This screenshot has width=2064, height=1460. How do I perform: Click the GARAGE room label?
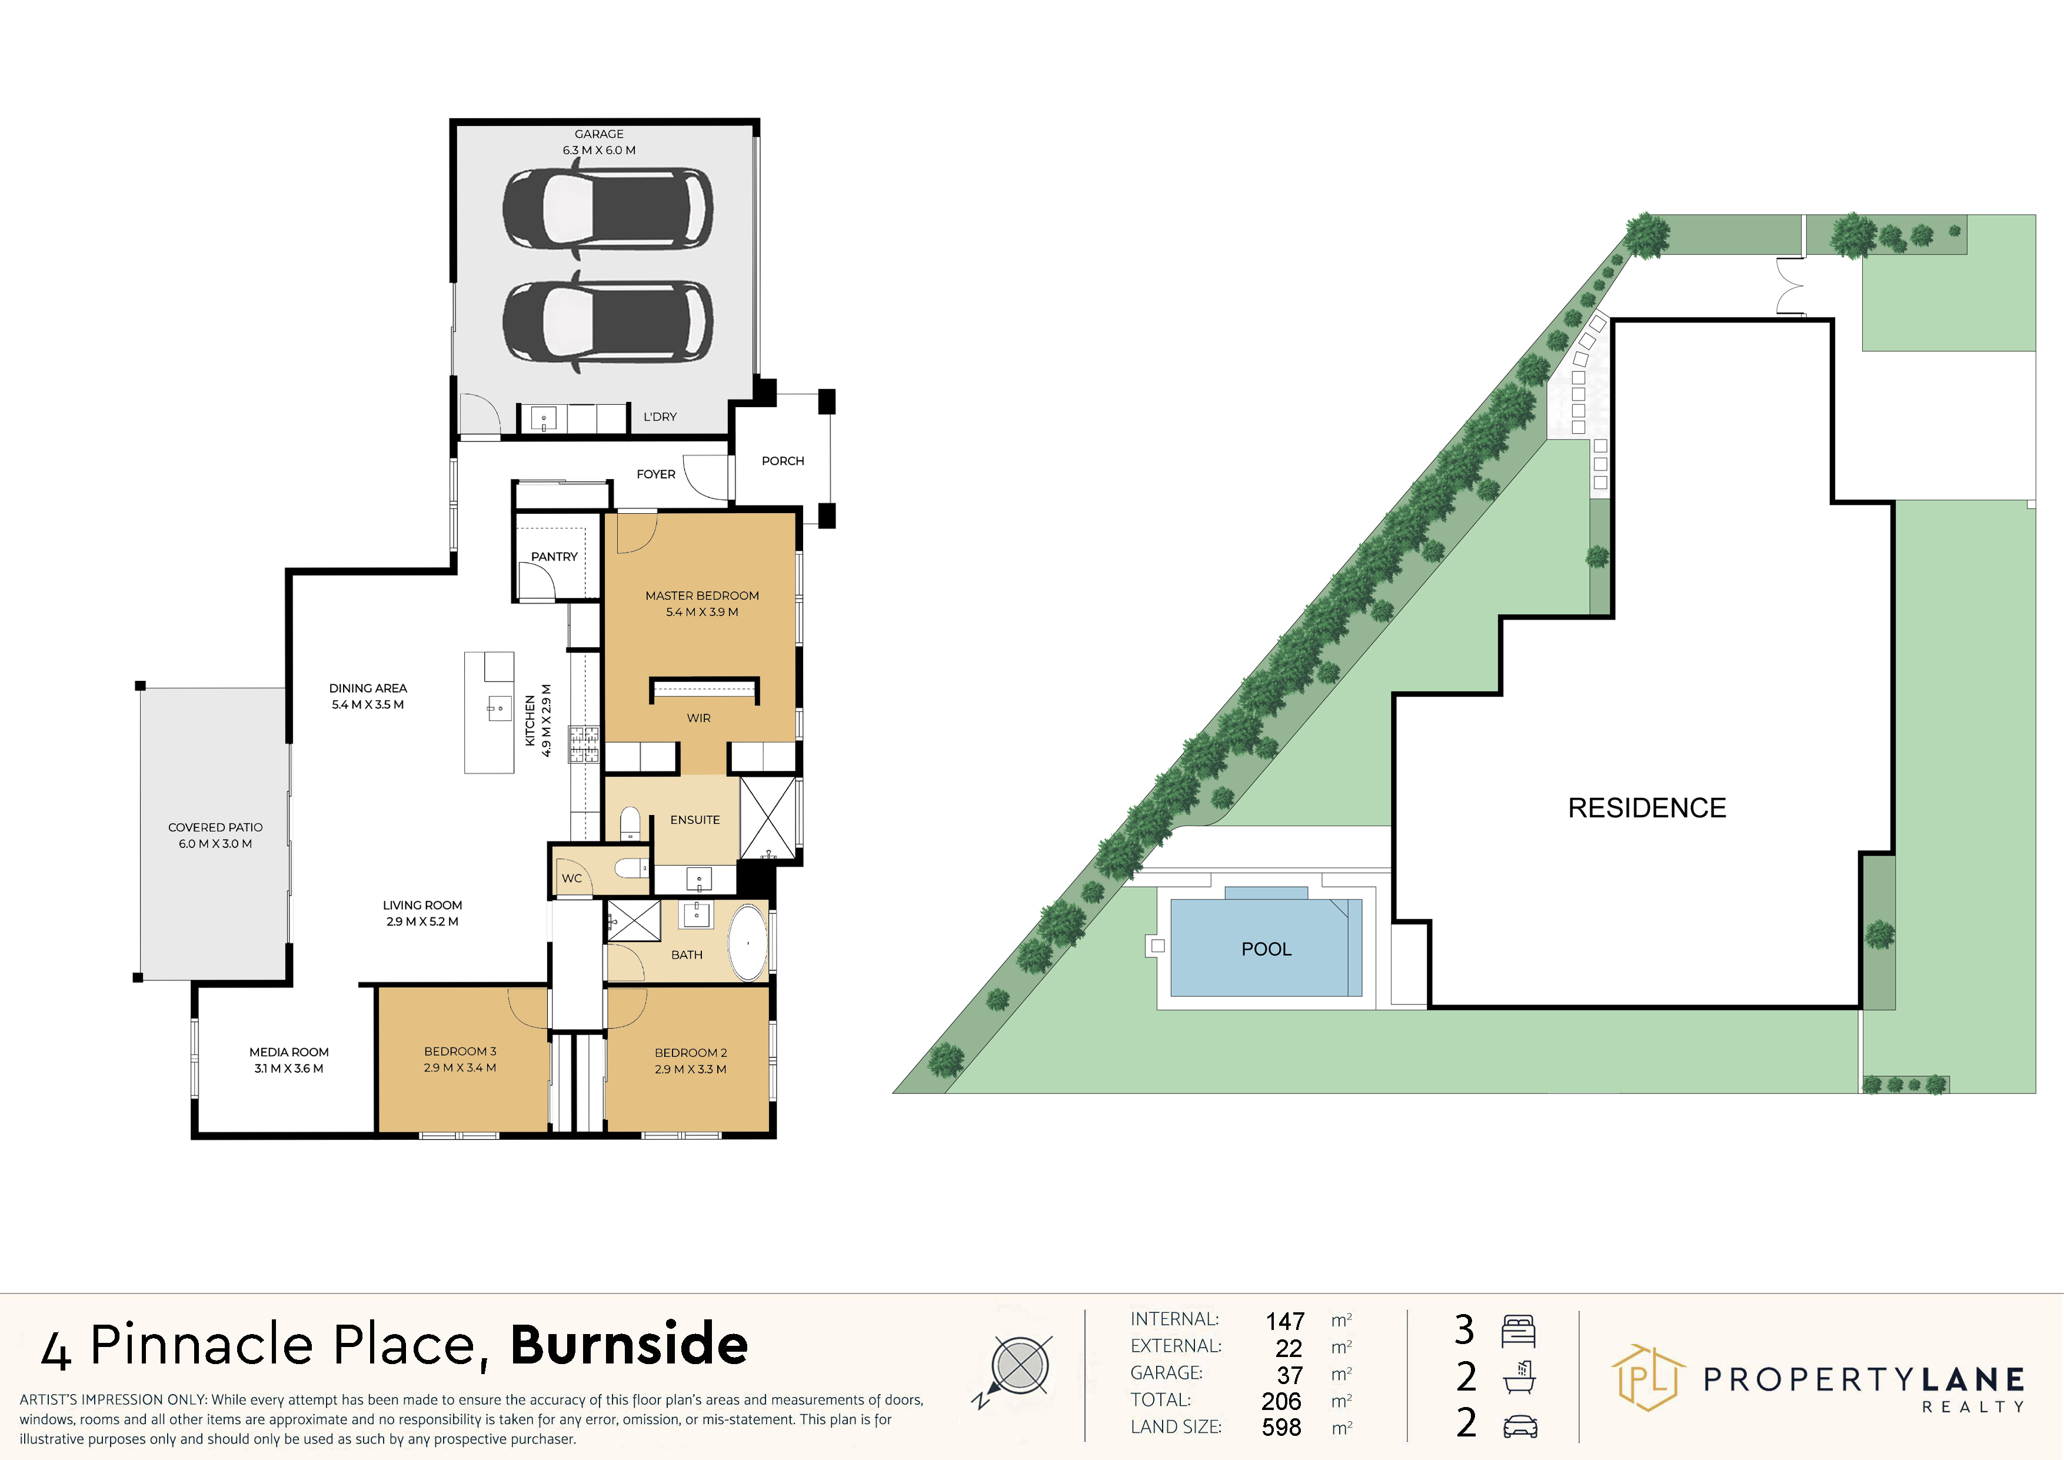pos(599,134)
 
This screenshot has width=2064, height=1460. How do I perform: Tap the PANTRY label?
pos(554,557)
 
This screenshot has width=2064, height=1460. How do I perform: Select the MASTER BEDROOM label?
pos(702,595)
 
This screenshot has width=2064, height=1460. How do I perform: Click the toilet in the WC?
pos(632,867)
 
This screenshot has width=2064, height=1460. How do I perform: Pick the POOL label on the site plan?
pos(1266,949)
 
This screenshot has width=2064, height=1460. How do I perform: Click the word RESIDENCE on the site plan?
pos(1647,808)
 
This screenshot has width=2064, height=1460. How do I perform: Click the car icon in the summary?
pos(1519,1426)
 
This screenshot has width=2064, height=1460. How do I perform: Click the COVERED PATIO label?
pos(216,827)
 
